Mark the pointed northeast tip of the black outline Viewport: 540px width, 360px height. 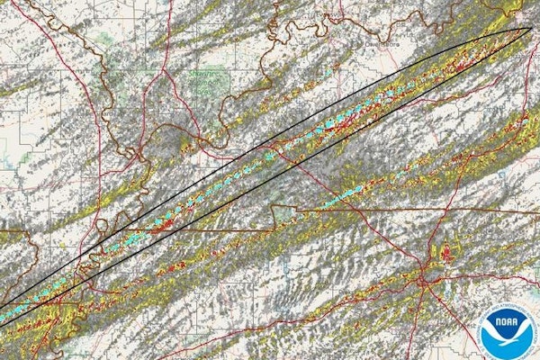pos(530,29)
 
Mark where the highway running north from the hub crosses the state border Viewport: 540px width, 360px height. pos(433,213)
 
